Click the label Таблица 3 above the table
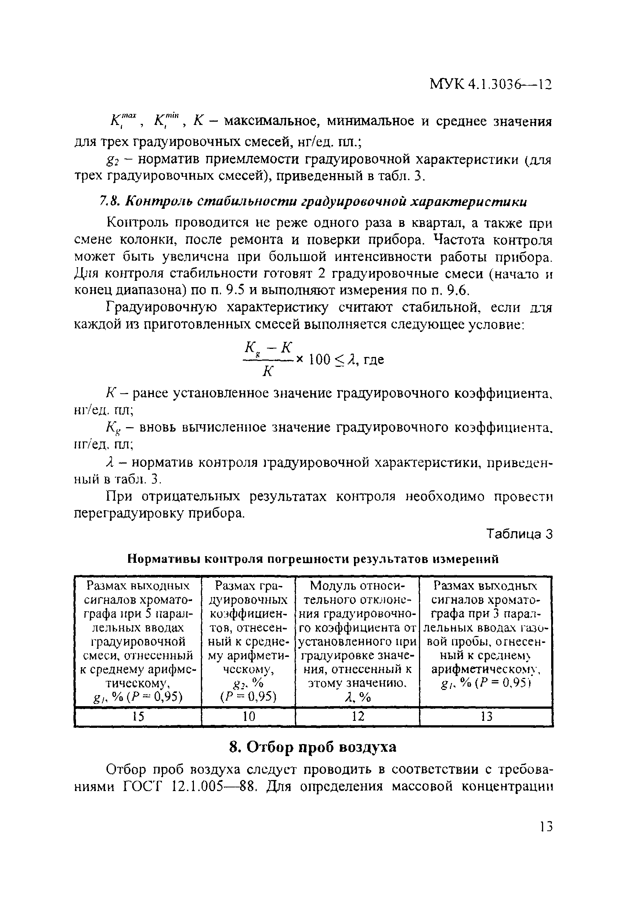tap(519, 534)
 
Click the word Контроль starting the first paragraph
tap(138, 223)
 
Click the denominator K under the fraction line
tap(268, 371)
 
